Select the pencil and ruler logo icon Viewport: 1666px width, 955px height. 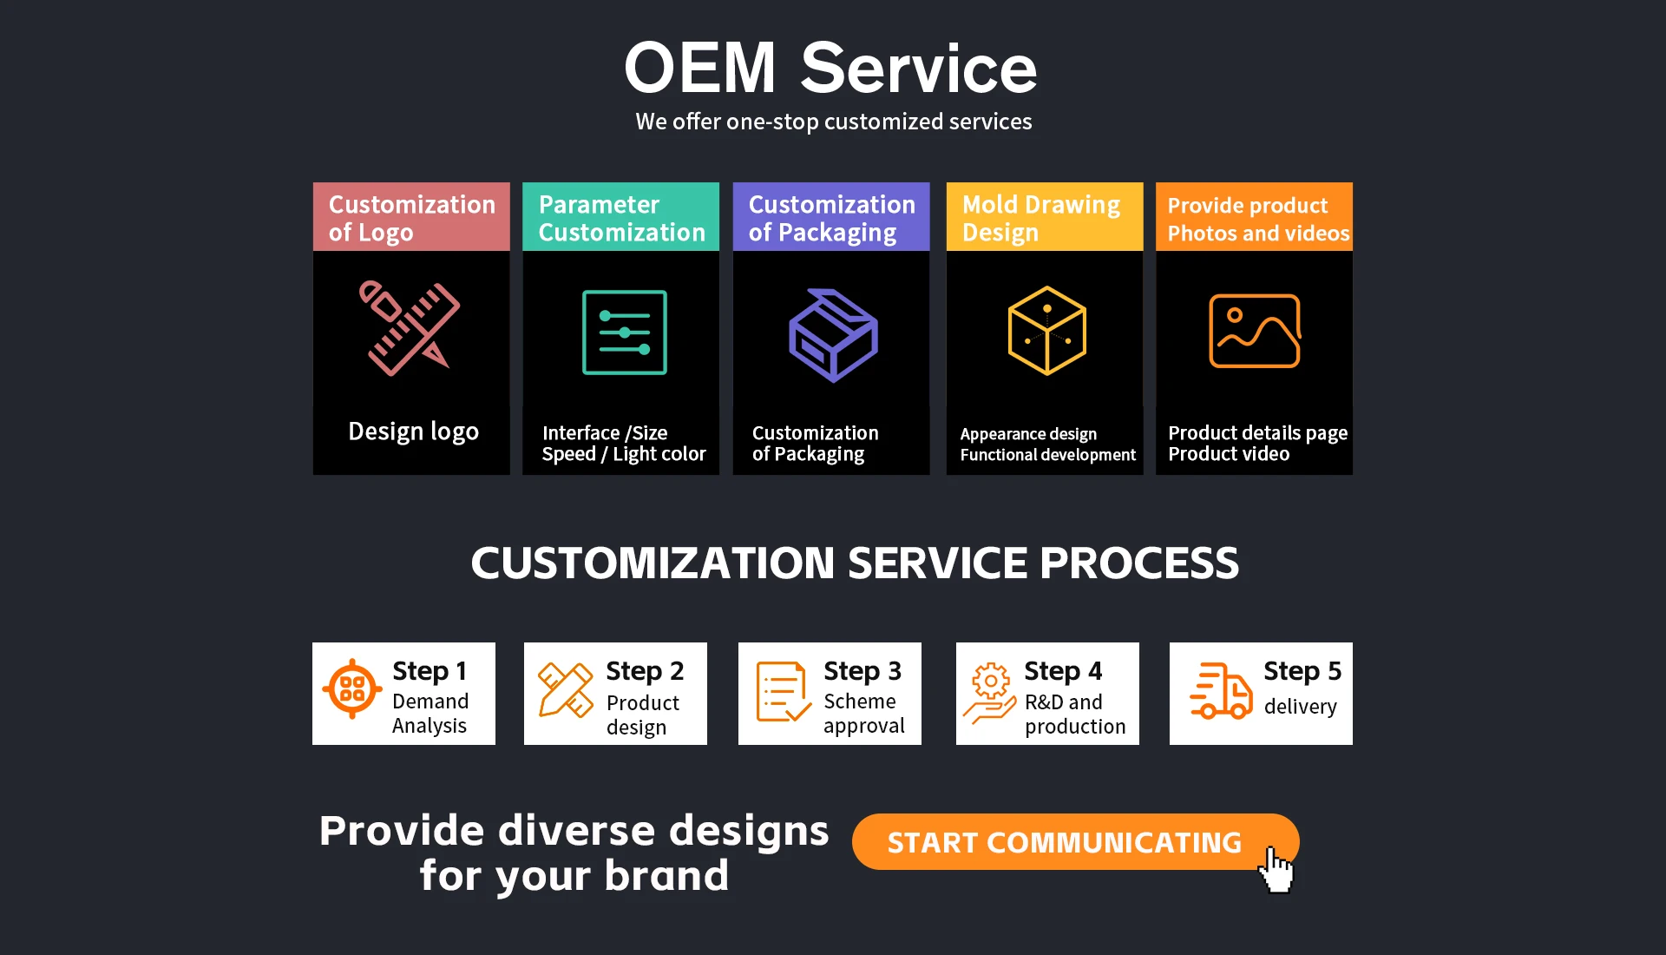pyautogui.click(x=410, y=328)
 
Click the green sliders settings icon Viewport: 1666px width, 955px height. pyautogui.click(x=624, y=333)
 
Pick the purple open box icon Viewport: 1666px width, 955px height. pyautogui.click(x=833, y=335)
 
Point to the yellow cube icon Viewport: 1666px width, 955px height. pyautogui.click(x=1046, y=331)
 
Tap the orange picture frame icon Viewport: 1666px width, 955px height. pyautogui.click(x=1254, y=331)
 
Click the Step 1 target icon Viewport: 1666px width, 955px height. pyautogui.click(x=352, y=689)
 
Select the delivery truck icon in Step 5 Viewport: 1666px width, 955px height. pyautogui.click(x=1221, y=691)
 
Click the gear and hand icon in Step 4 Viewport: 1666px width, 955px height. pyautogui.click(x=990, y=693)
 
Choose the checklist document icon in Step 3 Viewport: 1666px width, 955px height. pyautogui.click(x=783, y=692)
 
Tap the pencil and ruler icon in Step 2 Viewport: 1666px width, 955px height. pyautogui.click(x=565, y=690)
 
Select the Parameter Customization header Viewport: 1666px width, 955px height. pyautogui.click(x=620, y=217)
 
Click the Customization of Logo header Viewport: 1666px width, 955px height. pyautogui.click(x=411, y=217)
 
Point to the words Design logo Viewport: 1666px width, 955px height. pyautogui.click(x=413, y=431)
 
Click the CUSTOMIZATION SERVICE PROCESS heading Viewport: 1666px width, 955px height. pyautogui.click(x=855, y=563)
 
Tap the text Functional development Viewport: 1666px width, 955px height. pyautogui.click(x=1047, y=455)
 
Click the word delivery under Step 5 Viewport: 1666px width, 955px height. pyautogui.click(x=1300, y=707)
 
